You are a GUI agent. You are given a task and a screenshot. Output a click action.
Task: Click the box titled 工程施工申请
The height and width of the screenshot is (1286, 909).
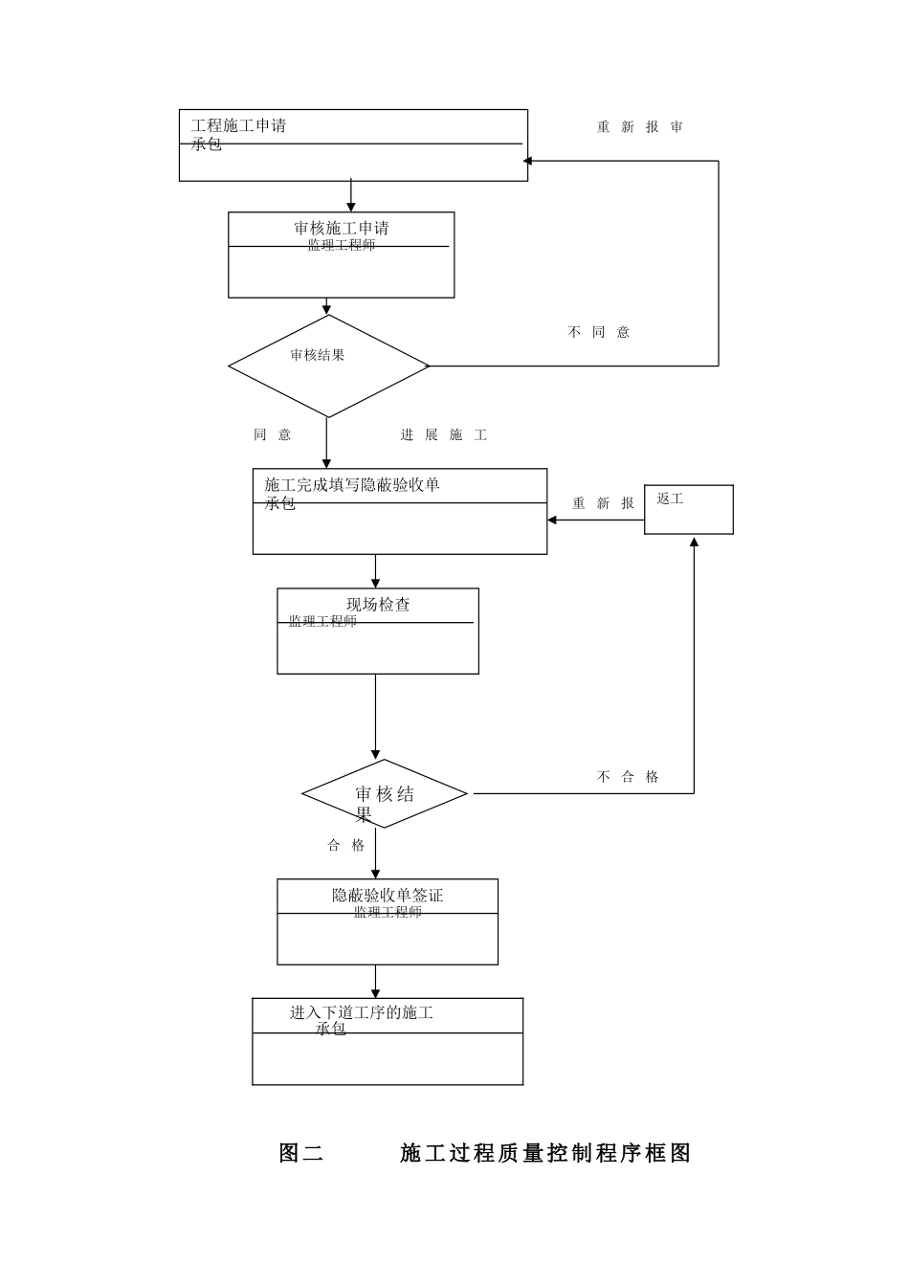(353, 145)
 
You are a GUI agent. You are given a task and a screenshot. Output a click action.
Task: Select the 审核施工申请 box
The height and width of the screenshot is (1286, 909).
(341, 255)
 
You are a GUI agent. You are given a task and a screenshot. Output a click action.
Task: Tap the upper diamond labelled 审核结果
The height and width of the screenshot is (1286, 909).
(328, 366)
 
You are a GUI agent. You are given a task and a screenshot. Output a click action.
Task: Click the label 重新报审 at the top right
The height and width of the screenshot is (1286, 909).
(639, 127)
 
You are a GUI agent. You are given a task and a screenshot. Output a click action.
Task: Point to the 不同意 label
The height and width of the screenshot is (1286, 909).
(598, 332)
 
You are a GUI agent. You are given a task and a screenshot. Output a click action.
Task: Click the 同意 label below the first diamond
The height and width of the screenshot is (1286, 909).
(272, 434)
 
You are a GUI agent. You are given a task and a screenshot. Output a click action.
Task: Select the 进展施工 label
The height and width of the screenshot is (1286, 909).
(443, 435)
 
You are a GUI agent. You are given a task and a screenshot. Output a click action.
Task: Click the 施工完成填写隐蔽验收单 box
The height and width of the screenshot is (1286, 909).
(399, 511)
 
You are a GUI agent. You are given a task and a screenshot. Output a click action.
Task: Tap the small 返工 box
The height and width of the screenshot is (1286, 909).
(688, 509)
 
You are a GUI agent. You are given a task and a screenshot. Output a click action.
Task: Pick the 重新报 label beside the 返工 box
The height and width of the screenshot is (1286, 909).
(603, 503)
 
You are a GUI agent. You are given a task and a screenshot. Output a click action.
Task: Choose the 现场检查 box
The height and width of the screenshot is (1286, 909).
(377, 631)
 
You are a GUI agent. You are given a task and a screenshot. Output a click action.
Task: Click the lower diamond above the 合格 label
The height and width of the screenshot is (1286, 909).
(384, 793)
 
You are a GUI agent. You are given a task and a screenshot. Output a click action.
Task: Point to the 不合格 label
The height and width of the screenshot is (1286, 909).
(628, 777)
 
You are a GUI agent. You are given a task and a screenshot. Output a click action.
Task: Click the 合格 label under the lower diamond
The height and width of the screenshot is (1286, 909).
(346, 845)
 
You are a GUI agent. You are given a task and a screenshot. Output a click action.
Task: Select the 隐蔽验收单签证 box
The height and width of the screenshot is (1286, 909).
(387, 921)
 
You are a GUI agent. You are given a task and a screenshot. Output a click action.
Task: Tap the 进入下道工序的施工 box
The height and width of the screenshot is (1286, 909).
(387, 1041)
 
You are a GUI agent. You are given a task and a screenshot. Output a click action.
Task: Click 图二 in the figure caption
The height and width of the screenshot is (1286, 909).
(300, 1153)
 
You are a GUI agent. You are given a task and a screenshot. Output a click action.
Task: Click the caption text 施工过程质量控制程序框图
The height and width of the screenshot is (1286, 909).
(544, 1153)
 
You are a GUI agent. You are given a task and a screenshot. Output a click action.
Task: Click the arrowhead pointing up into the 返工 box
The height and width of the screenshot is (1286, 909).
(694, 543)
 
